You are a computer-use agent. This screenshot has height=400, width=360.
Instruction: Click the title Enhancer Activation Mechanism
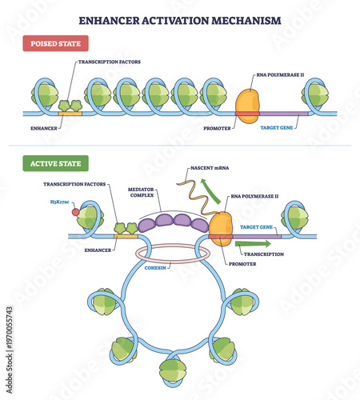[x=180, y=20]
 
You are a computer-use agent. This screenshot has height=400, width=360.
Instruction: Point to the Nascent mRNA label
[x=208, y=169]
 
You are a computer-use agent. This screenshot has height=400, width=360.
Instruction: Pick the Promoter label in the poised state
[x=218, y=126]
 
